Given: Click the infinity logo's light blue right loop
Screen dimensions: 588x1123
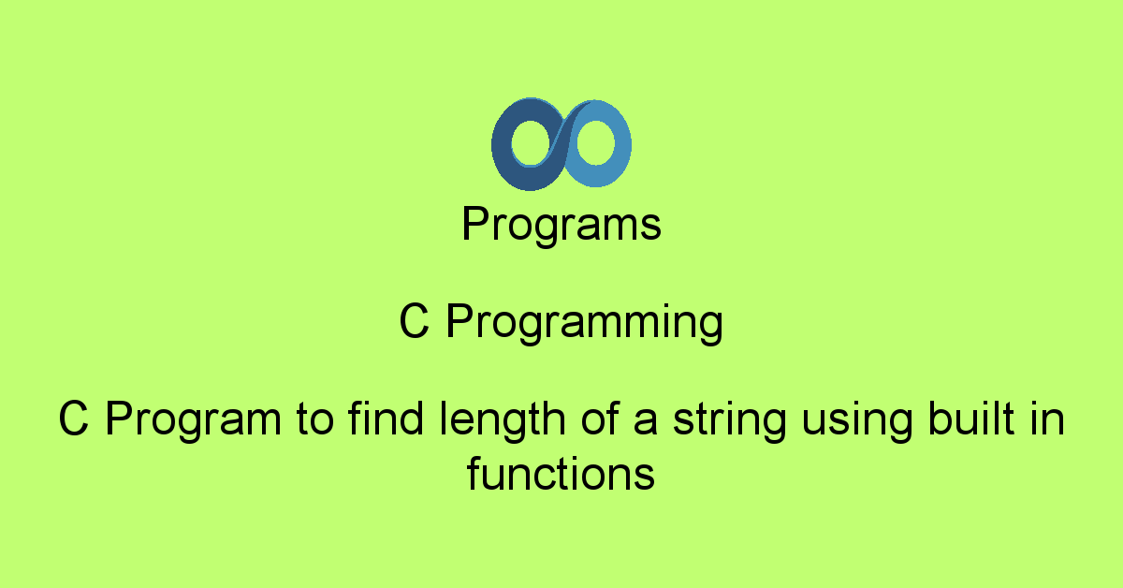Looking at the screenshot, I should tap(620, 145).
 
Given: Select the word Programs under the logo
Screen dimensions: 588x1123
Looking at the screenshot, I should tap(561, 226).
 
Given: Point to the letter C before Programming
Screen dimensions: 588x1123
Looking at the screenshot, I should tap(415, 323).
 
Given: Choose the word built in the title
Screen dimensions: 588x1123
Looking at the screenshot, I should tap(970, 419).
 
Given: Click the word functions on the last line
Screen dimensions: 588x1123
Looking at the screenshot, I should tap(561, 475).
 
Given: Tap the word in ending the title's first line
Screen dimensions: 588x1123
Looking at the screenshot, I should tap(1046, 419).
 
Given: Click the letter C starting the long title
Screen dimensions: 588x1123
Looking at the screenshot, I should tap(74, 420).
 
